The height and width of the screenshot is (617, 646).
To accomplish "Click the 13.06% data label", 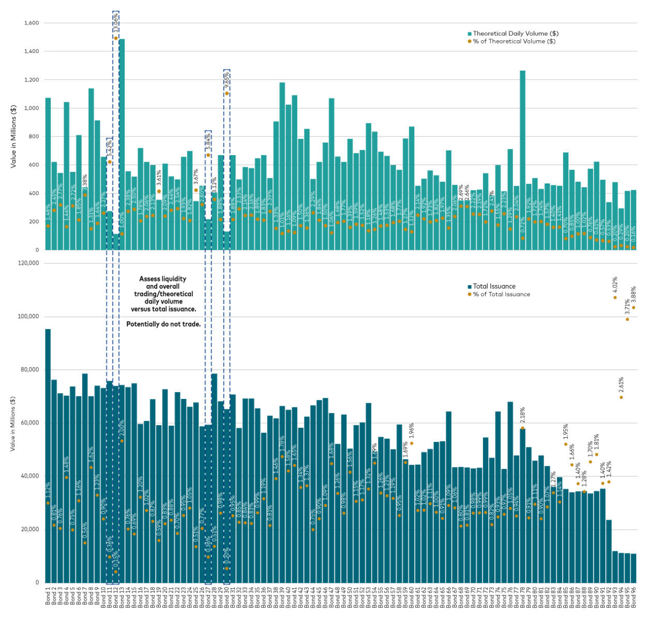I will [x=116, y=22].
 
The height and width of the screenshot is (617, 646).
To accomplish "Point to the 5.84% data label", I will [x=208, y=141].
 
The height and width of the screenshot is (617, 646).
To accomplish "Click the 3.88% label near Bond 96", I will [x=634, y=295].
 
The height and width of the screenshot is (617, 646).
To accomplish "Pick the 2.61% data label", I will [x=621, y=385].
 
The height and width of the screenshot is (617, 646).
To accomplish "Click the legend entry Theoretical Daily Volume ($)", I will [x=515, y=34].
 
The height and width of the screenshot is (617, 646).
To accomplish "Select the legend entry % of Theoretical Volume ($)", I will [x=514, y=41].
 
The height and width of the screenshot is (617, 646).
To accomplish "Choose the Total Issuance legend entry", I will [x=494, y=286].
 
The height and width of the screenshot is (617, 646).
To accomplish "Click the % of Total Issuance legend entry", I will [x=501, y=294].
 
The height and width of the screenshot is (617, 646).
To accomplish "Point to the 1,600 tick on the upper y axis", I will [x=32, y=23].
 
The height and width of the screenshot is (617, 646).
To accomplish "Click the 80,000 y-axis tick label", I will [x=28, y=370].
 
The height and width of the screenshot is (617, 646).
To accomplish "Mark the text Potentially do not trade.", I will [x=163, y=325].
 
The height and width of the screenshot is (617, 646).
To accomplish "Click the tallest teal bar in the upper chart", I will [x=122, y=145].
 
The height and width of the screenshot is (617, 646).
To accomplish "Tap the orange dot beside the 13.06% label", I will [x=116, y=38].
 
